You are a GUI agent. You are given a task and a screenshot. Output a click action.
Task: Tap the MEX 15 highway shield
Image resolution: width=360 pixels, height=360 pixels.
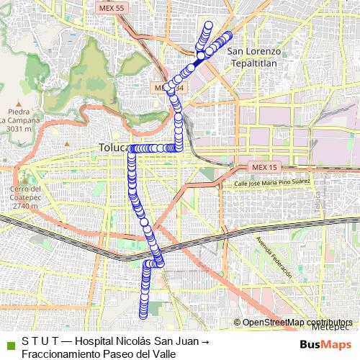click(264, 168)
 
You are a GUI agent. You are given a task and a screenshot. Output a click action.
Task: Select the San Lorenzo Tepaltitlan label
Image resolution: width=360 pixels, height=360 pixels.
click(253, 57)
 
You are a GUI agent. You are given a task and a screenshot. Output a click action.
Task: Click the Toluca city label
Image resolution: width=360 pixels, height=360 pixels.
click(112, 148)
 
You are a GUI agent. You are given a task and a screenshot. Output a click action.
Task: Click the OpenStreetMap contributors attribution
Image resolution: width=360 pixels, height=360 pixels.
click(297, 322)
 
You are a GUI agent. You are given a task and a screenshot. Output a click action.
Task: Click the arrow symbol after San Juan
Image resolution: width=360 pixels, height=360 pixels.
click(204, 341)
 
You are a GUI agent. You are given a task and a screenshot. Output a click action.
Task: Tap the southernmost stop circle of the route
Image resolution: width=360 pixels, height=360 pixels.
click(143, 314)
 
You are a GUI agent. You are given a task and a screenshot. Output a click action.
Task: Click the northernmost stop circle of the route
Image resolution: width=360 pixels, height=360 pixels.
click(209, 25)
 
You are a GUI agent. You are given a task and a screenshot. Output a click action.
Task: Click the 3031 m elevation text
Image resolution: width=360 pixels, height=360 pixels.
click(19, 129)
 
